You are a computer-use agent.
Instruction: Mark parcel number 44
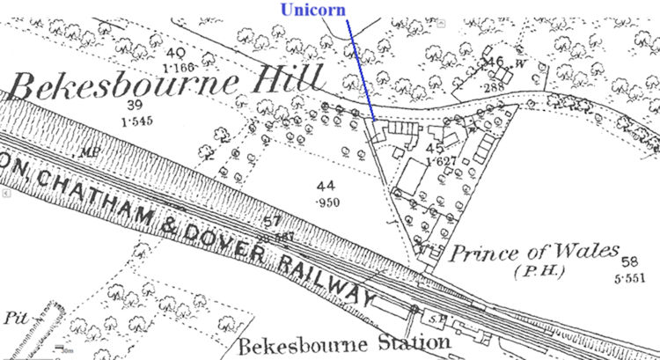pos(327,187)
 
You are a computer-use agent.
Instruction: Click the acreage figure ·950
pos(329,202)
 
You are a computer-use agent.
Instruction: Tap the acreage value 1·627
pos(439,162)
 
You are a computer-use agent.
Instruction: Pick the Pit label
pos(15,315)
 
